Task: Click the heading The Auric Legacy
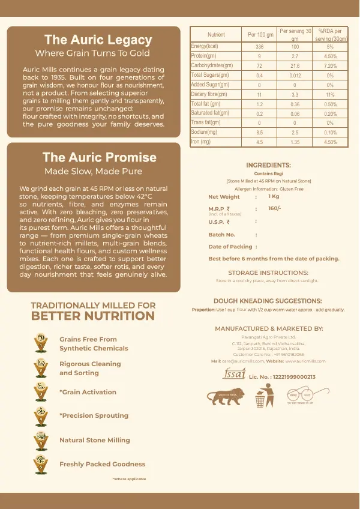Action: (98, 40)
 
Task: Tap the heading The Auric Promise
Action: (99, 158)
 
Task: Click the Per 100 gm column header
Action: (260, 35)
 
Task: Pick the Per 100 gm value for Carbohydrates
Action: (260, 65)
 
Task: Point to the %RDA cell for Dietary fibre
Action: (330, 95)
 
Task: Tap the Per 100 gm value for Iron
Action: (260, 142)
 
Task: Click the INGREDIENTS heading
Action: (268, 165)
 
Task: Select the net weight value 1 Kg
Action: (274, 196)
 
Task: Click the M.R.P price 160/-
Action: (275, 208)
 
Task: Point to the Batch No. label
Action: (222, 235)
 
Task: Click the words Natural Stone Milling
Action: (95, 440)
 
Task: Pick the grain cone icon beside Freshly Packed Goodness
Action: (41, 463)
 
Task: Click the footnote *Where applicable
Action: (129, 478)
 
